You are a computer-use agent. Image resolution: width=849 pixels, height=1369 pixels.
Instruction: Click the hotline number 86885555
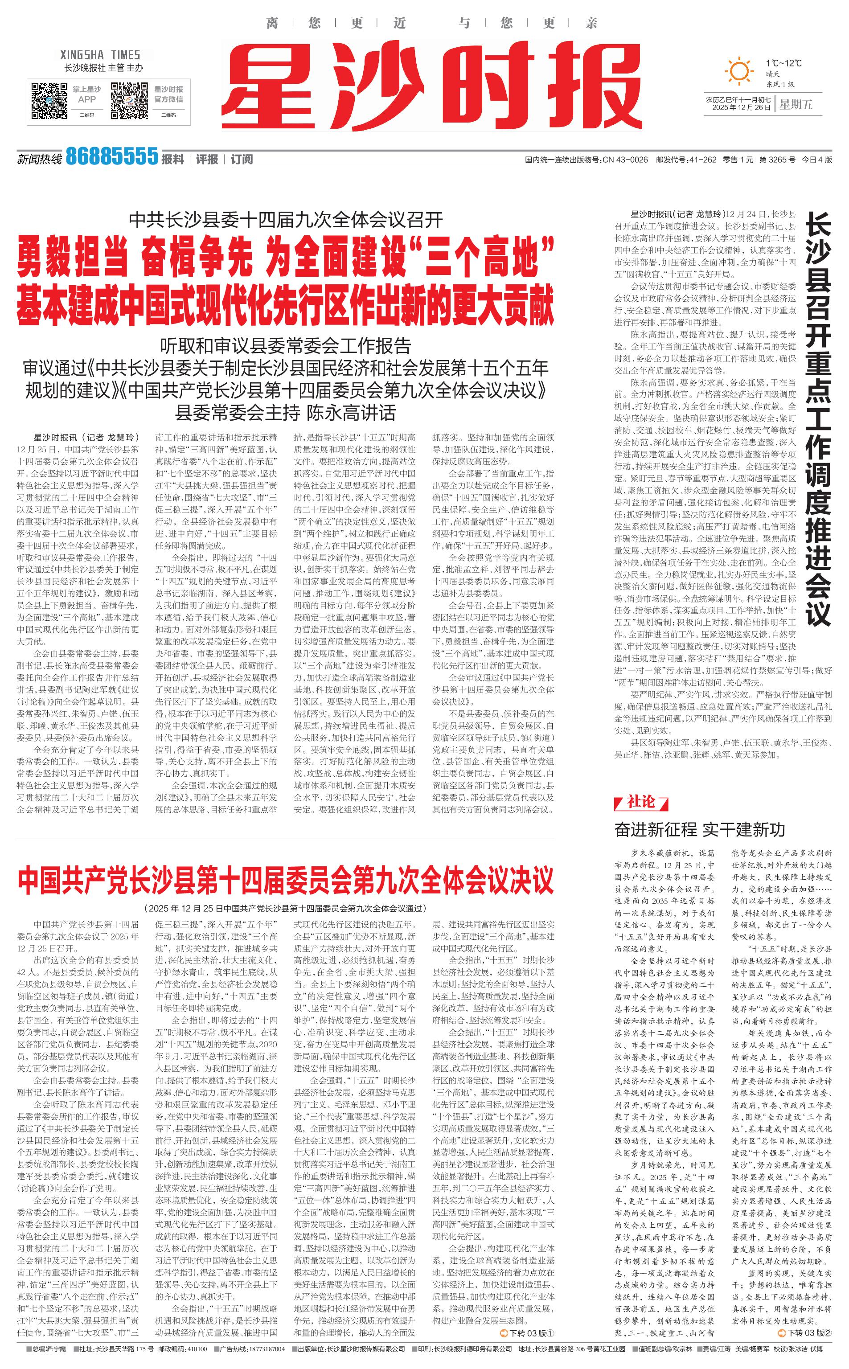(112, 156)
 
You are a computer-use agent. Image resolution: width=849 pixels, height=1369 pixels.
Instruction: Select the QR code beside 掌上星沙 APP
(49, 100)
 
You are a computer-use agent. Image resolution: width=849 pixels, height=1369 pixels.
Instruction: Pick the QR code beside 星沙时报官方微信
(129, 100)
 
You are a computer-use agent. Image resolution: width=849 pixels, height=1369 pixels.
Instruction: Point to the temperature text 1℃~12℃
(783, 63)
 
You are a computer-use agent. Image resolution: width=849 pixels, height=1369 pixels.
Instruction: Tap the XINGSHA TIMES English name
(100, 55)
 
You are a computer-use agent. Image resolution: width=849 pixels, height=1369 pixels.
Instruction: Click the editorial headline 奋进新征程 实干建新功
(700, 829)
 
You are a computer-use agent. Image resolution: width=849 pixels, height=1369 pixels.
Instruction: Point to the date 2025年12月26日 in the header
(738, 108)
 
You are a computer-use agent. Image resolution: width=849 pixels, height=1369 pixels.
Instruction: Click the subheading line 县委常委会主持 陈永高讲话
(285, 413)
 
